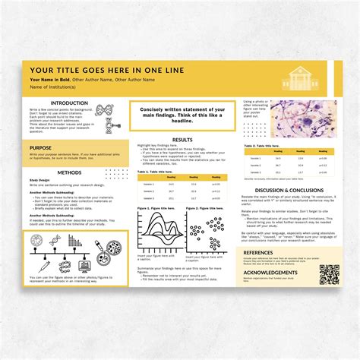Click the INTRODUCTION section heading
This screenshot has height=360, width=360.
click(x=68, y=103)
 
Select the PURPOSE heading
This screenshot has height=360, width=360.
click(x=41, y=148)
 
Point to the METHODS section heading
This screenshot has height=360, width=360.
click(x=68, y=172)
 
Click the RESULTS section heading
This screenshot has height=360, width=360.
click(x=182, y=140)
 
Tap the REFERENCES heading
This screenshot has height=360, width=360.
click(x=259, y=252)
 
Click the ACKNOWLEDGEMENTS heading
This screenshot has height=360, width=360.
click(x=271, y=271)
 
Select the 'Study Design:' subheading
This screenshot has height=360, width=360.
click(x=40, y=180)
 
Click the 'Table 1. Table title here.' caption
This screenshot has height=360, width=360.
click(x=157, y=172)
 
